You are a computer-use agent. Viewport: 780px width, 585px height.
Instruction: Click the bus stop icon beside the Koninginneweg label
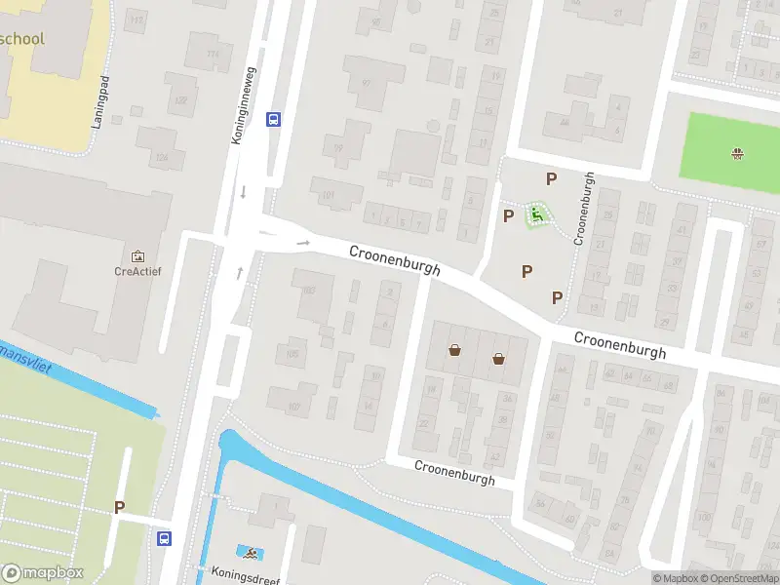click(x=274, y=120)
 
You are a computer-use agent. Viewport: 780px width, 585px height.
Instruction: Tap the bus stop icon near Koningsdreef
click(x=165, y=538)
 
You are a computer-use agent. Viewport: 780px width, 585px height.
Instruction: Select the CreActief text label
click(x=136, y=272)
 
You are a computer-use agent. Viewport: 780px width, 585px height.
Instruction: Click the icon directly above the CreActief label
click(x=136, y=254)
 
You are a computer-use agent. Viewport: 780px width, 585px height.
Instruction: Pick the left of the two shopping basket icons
click(x=454, y=350)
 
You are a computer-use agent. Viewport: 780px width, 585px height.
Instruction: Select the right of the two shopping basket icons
click(x=499, y=358)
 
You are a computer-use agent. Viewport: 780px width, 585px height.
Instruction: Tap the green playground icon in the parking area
click(x=535, y=214)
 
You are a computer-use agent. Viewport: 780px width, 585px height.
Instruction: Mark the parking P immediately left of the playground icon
click(x=508, y=215)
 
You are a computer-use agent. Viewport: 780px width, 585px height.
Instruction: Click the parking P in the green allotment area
click(x=120, y=507)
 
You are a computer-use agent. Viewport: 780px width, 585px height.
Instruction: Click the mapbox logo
click(x=43, y=573)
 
